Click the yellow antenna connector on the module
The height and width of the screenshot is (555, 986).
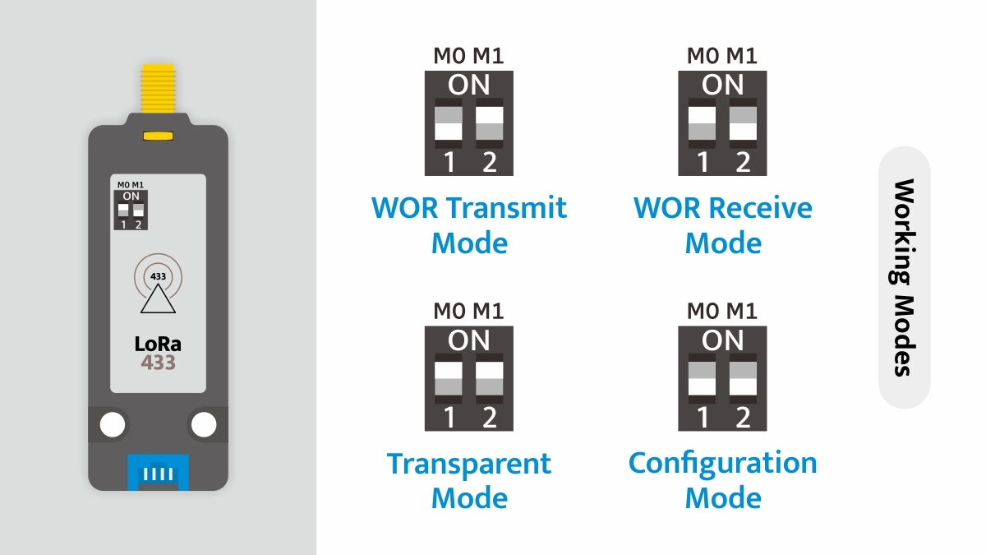pyautogui.click(x=158, y=89)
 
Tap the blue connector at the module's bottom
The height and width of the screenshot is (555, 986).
pyautogui.click(x=158, y=472)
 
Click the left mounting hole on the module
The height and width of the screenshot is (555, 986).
pyautogui.click(x=113, y=424)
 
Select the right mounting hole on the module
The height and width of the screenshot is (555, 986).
pyautogui.click(x=203, y=424)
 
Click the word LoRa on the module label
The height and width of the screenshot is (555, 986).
pyautogui.click(x=158, y=345)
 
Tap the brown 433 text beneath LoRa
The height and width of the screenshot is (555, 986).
pyautogui.click(x=158, y=362)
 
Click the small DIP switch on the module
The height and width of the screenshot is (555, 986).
pyautogui.click(x=131, y=210)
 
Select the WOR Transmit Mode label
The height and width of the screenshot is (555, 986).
pyautogui.click(x=469, y=224)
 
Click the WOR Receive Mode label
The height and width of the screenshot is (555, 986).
pyautogui.click(x=722, y=224)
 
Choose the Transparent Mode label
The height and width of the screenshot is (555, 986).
pyautogui.click(x=469, y=480)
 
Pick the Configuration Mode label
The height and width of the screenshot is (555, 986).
pyautogui.click(x=722, y=480)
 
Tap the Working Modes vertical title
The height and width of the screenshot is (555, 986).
pyautogui.click(x=904, y=277)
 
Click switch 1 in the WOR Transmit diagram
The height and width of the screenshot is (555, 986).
pyautogui.click(x=449, y=123)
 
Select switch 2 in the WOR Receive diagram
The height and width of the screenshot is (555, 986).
pyautogui.click(x=743, y=123)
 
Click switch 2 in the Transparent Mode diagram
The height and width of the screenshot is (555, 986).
pyautogui.click(x=489, y=378)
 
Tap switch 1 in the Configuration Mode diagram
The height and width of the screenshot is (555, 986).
pyautogui.click(x=702, y=378)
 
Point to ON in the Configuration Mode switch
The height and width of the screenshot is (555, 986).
pyautogui.click(x=722, y=340)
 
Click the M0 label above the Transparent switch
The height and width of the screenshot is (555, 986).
pyautogui.click(x=449, y=311)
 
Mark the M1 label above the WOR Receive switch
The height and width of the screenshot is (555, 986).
pyautogui.click(x=742, y=56)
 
